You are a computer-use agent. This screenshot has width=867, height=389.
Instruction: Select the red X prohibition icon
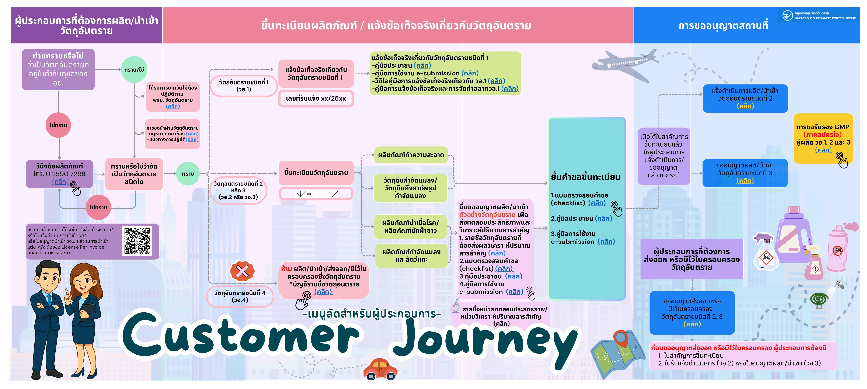point(242,271)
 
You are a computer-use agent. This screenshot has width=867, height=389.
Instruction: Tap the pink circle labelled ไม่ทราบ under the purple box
point(58,125)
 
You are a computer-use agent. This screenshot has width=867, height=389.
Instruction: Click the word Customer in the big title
point(241,337)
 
